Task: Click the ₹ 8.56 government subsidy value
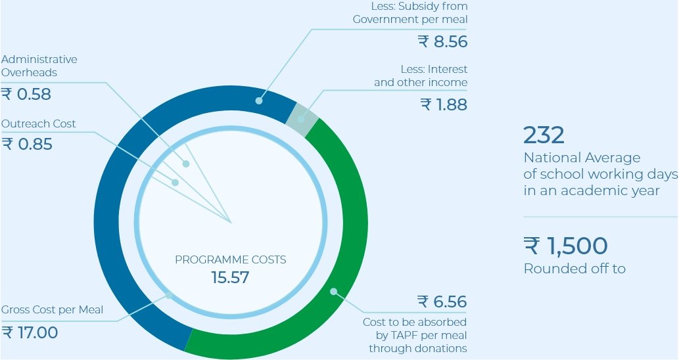pyautogui.click(x=443, y=42)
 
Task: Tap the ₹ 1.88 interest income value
pyautogui.click(x=444, y=104)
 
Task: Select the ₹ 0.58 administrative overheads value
pyautogui.click(x=26, y=95)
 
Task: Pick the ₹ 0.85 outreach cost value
pyautogui.click(x=27, y=144)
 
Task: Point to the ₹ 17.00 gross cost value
pyautogui.click(x=30, y=332)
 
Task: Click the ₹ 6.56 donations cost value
pyautogui.click(x=442, y=302)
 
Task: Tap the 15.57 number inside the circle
pyautogui.click(x=230, y=277)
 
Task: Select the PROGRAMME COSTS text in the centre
pyautogui.click(x=230, y=259)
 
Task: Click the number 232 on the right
pyautogui.click(x=544, y=135)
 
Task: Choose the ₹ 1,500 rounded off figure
pyautogui.click(x=565, y=246)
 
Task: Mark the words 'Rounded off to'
pyautogui.click(x=574, y=269)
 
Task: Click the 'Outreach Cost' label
pyautogui.click(x=38, y=124)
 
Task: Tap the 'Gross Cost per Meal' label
pyautogui.click(x=52, y=309)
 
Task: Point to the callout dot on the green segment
pyautogui.click(x=333, y=290)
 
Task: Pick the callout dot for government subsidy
pyautogui.click(x=259, y=101)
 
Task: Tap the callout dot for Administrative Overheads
pyautogui.click(x=186, y=164)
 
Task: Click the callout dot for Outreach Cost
pyautogui.click(x=176, y=183)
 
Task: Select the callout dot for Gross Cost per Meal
pyautogui.click(x=169, y=295)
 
